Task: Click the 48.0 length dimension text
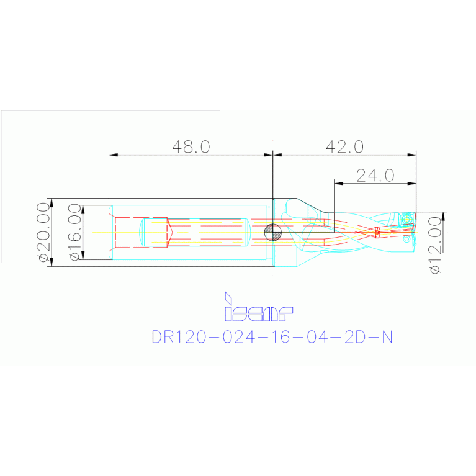(x=191, y=146)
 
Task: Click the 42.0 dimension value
(x=344, y=146)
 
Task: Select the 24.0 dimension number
(x=375, y=176)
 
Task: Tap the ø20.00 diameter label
(x=43, y=232)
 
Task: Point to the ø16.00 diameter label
(x=75, y=232)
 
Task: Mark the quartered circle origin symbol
(x=272, y=232)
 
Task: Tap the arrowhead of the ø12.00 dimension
(x=443, y=215)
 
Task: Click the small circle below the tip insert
(x=406, y=237)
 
